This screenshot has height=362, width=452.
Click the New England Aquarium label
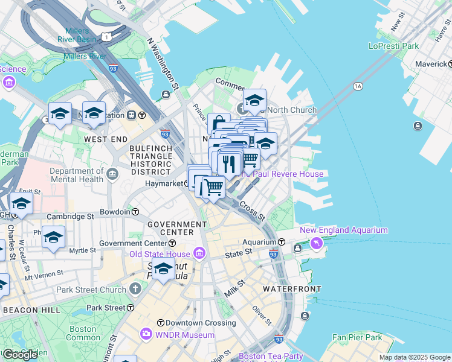pyautogui.click(x=344, y=230)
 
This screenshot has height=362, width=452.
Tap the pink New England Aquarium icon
pyautogui.click(x=315, y=243)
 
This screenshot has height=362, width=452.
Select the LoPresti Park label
pyautogui.click(x=393, y=46)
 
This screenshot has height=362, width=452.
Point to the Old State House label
pyautogui.click(x=160, y=253)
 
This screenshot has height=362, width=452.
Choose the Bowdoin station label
pyautogui.click(x=115, y=212)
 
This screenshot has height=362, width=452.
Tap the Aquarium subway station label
pyautogui.click(x=259, y=241)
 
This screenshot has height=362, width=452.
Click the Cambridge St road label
pyautogui.click(x=72, y=215)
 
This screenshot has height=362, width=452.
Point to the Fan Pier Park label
pyautogui.click(x=357, y=337)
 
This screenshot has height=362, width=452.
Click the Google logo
pyautogui.click(x=20, y=354)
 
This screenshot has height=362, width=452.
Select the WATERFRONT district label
pyautogui.click(x=292, y=289)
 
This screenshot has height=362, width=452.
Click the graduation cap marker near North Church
pyautogui.click(x=254, y=101)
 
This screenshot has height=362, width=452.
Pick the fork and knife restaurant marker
pyautogui.click(x=230, y=163)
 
